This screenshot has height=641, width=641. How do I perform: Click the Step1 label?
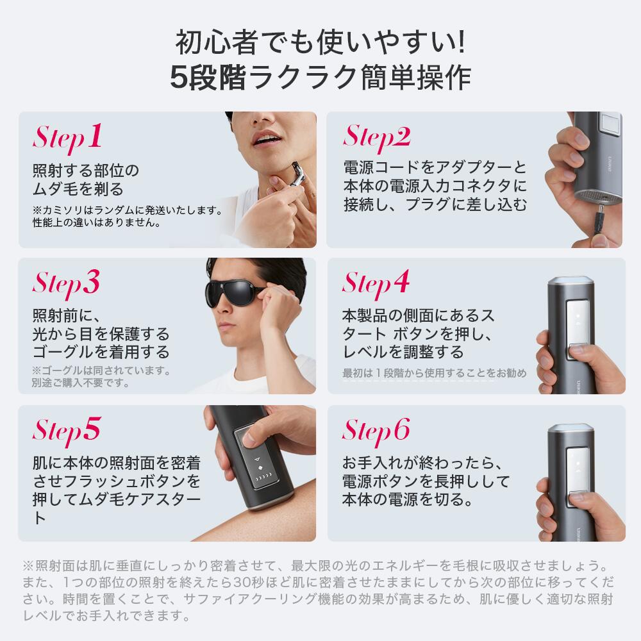(67, 137)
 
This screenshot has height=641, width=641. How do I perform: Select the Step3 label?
(67, 283)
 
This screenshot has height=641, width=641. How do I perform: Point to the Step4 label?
(376, 283)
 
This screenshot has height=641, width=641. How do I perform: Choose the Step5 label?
(67, 430)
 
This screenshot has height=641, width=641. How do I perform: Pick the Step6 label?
(376, 430)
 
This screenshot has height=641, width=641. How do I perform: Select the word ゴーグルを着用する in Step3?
(101, 352)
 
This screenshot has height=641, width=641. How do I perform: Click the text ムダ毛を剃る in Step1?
(78, 189)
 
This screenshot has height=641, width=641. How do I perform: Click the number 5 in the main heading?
(178, 78)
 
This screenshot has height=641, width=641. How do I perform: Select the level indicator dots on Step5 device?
(262, 478)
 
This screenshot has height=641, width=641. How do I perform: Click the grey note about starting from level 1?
(435, 373)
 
